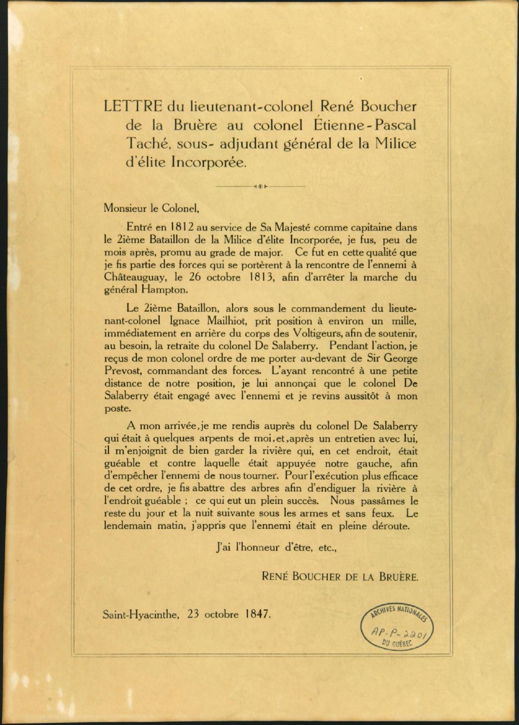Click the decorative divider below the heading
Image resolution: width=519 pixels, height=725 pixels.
pos(260,187)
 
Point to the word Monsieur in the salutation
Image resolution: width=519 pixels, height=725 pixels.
pos(124,208)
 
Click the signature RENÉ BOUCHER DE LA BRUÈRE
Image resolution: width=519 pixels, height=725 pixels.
pos(340,576)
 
